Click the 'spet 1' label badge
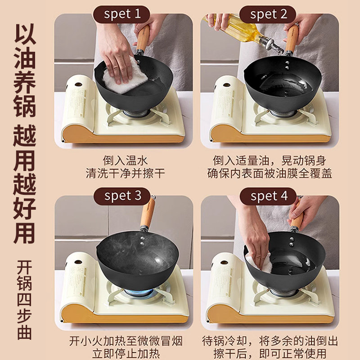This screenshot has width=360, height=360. [121, 14]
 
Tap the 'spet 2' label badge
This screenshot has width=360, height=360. [268, 14]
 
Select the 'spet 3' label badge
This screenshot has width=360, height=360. [122, 196]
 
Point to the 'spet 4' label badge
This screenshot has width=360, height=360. [268, 196]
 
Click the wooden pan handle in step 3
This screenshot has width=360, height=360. [147, 213]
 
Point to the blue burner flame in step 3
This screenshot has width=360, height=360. [139, 292]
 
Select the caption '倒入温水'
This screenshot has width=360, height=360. [125, 161]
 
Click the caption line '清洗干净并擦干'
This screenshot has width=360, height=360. [126, 174]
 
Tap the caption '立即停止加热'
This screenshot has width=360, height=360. [126, 354]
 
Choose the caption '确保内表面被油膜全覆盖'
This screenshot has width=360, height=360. [270, 174]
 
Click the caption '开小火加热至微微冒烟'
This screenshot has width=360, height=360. [126, 341]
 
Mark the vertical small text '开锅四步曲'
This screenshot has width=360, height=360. [24, 300]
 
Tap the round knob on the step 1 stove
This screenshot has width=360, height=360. [78, 85]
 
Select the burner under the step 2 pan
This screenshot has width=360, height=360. [282, 113]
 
